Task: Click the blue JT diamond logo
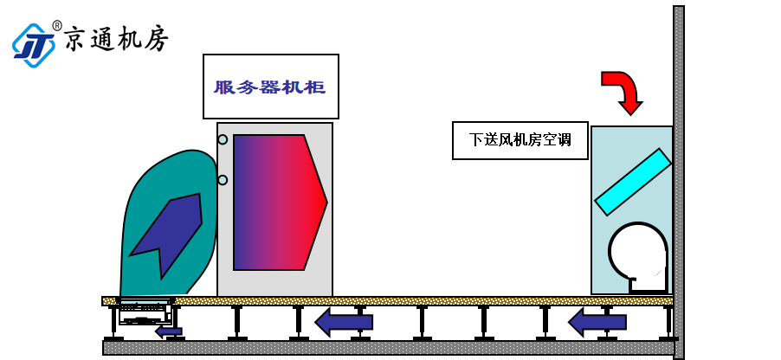(x=34, y=45)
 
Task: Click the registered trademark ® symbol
(x=57, y=25)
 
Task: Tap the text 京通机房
(x=117, y=38)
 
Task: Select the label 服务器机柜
(x=270, y=87)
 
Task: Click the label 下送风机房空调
(x=520, y=139)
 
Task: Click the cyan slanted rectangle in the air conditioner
(x=633, y=182)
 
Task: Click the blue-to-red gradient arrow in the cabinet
(x=280, y=202)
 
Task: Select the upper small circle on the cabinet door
(x=223, y=139)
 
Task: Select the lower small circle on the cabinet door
(x=223, y=180)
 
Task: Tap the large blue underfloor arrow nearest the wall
(x=597, y=322)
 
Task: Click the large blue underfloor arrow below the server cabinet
(x=344, y=322)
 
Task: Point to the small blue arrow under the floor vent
(x=168, y=331)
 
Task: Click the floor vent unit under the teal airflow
(x=145, y=312)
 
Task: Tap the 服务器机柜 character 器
(x=270, y=87)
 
